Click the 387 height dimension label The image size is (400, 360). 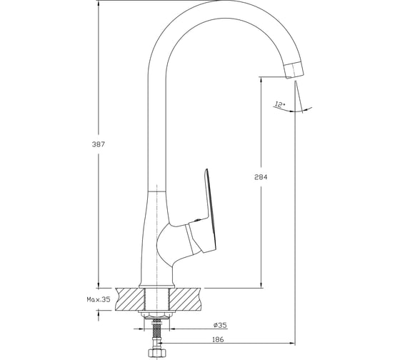99,144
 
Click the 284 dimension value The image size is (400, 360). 261,177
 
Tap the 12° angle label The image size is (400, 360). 280,105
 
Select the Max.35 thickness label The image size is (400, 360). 99,299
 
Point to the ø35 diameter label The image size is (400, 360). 220,325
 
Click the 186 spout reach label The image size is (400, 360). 218,339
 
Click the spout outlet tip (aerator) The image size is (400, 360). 294,69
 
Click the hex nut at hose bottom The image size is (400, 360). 158,354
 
